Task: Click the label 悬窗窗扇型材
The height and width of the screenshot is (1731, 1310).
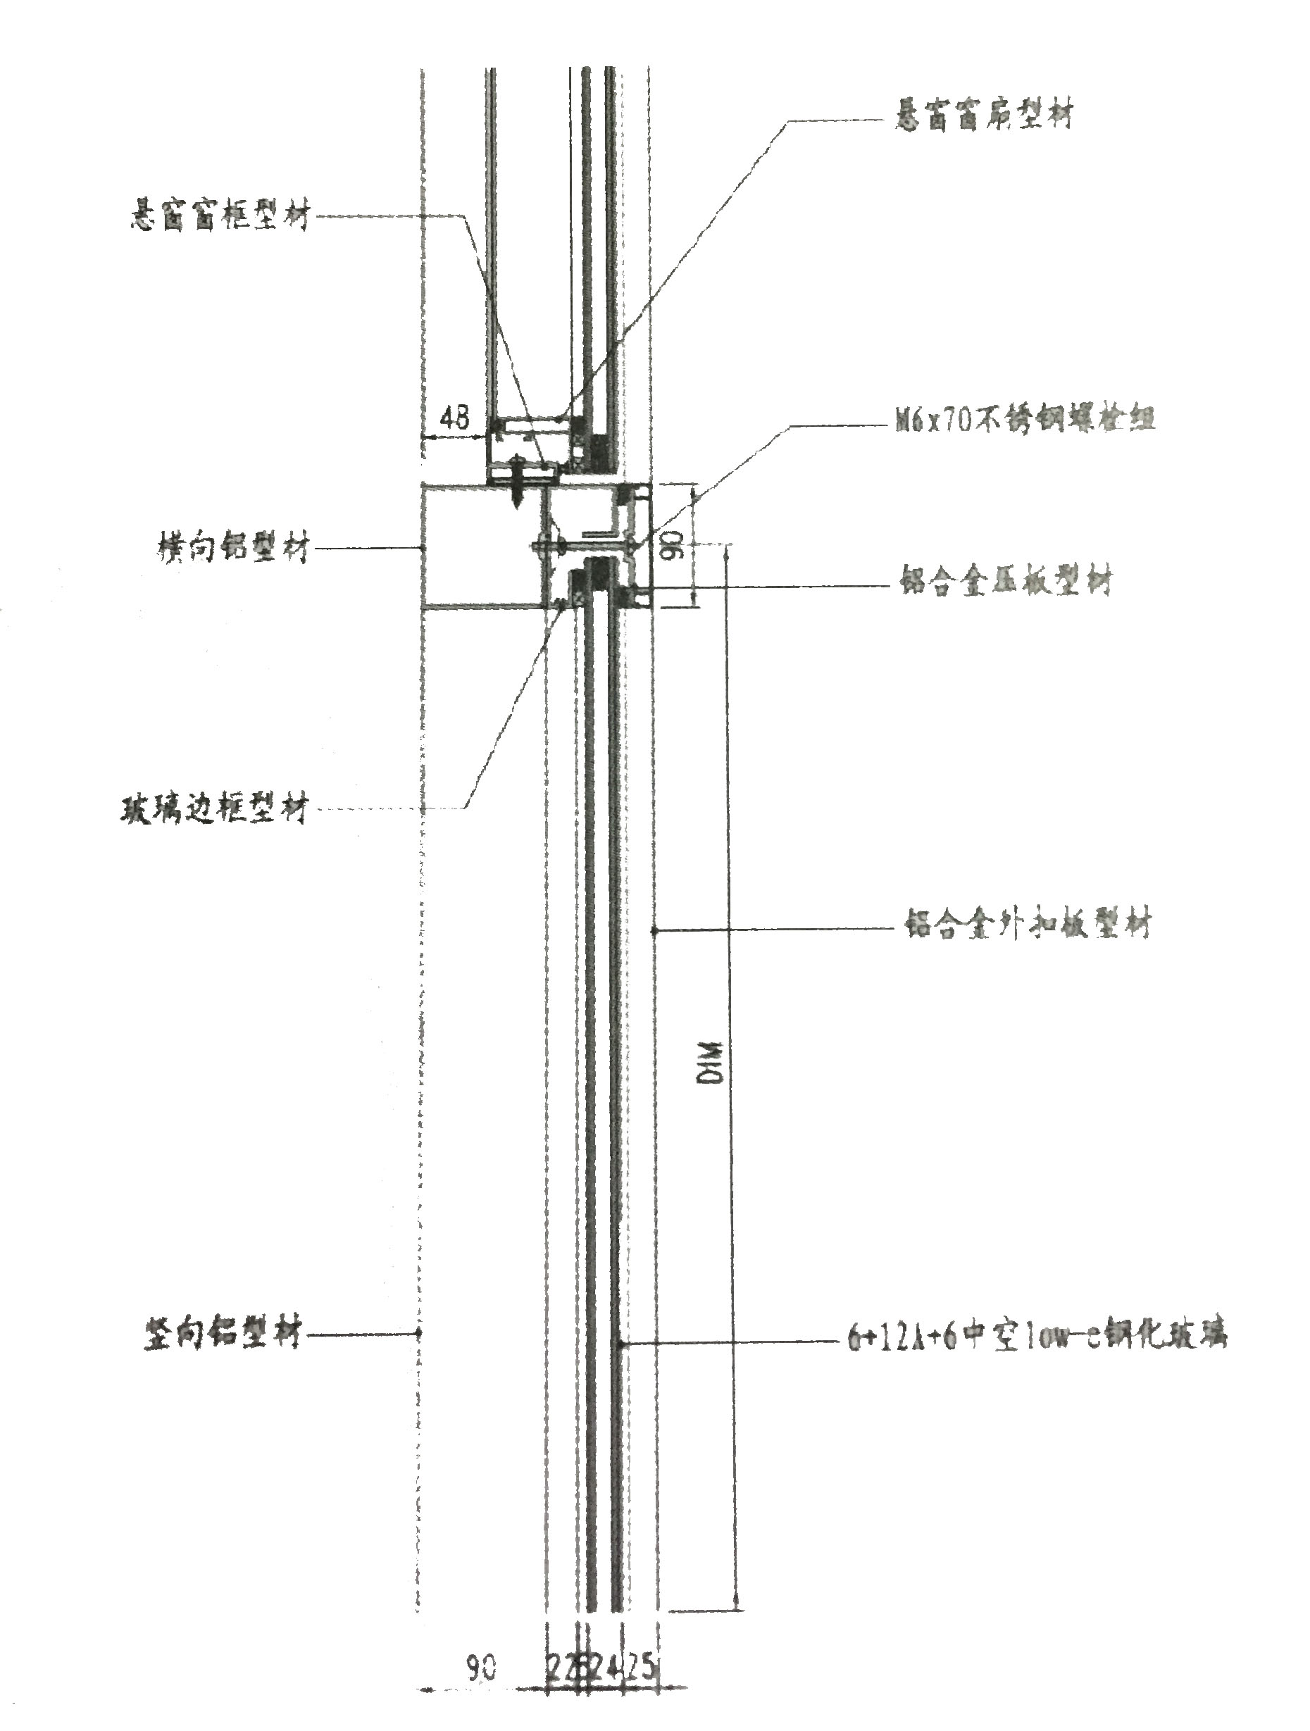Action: (x=984, y=115)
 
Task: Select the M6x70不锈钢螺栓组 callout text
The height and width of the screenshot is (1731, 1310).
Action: (x=1025, y=420)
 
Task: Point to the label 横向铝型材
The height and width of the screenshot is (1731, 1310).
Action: (x=233, y=547)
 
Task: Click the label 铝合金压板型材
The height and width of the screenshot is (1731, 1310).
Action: (x=1006, y=582)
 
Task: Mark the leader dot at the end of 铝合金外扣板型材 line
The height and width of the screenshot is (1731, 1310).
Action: (x=654, y=930)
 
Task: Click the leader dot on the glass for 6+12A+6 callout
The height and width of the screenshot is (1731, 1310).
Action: (x=620, y=1344)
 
